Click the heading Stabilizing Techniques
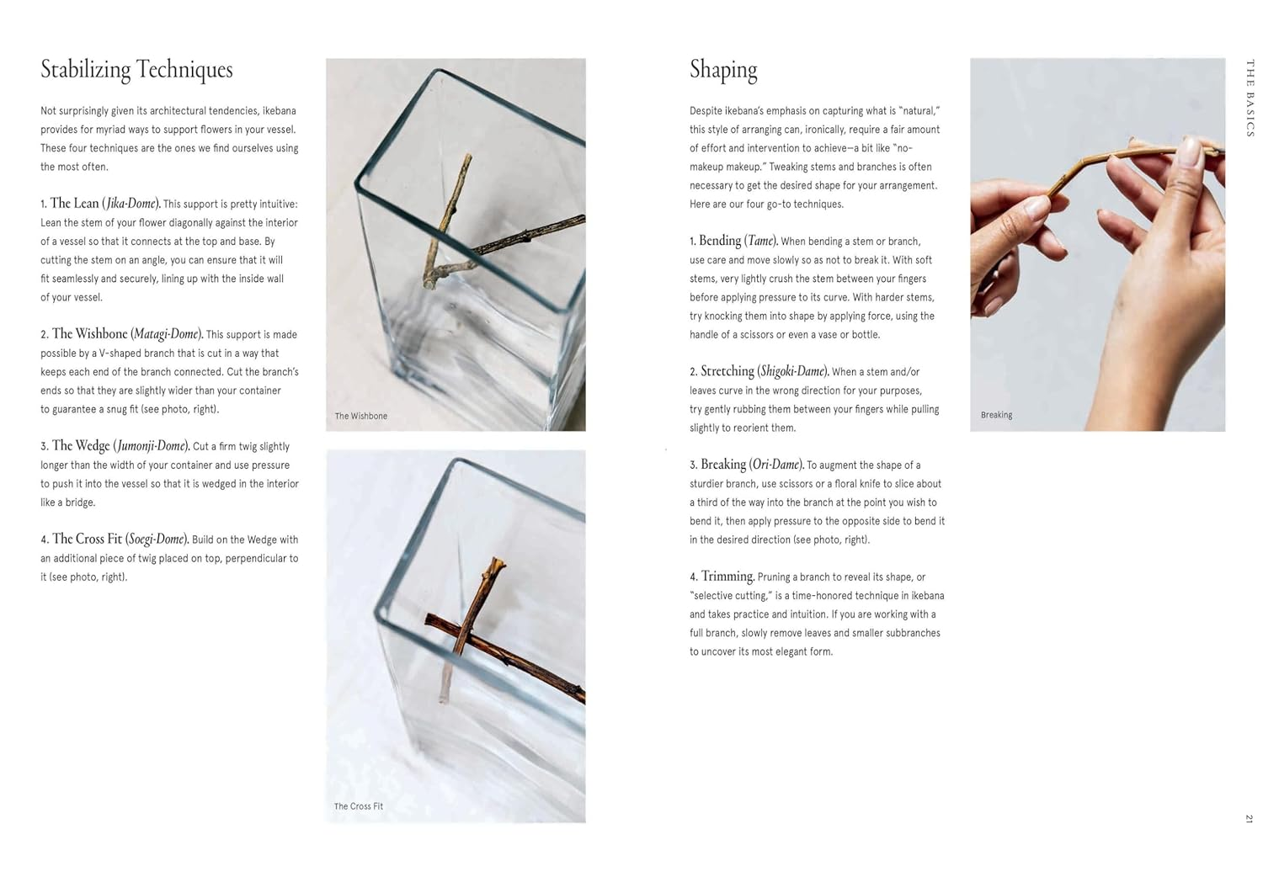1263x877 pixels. (x=136, y=70)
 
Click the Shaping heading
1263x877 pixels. (x=722, y=70)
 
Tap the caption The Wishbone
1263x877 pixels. (x=360, y=416)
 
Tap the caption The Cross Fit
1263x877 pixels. (x=358, y=806)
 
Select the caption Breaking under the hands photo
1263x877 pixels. (x=996, y=415)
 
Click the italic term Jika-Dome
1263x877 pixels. (x=131, y=204)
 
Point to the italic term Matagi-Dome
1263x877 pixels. (x=166, y=334)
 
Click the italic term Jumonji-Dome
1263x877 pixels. (x=152, y=446)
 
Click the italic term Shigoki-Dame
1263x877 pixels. (x=792, y=371)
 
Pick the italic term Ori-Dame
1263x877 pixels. (x=775, y=465)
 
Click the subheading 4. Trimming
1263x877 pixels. (x=722, y=577)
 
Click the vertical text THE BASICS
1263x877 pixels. (x=1250, y=98)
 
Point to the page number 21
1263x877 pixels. (x=1249, y=818)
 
